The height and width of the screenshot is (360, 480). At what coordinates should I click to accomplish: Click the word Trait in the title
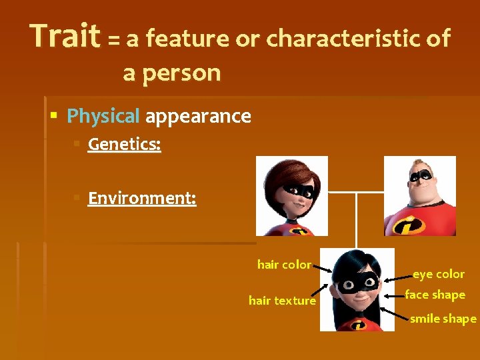(65, 37)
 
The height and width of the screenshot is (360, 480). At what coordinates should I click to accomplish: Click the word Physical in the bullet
(103, 117)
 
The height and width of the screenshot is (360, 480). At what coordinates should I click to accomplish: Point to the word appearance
(198, 117)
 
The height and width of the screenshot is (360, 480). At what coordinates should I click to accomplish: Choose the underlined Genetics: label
(124, 145)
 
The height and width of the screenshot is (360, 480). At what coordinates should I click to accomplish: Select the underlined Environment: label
(142, 199)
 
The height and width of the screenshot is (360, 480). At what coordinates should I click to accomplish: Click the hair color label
(284, 265)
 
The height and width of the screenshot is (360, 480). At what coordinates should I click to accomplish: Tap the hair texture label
(282, 301)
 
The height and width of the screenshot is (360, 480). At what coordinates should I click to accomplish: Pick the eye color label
(438, 274)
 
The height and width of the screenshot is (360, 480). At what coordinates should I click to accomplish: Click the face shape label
(435, 295)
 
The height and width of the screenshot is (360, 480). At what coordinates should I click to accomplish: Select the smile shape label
(443, 319)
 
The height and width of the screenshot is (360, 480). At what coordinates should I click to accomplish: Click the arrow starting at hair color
(323, 268)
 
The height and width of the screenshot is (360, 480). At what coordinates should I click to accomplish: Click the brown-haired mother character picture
(292, 196)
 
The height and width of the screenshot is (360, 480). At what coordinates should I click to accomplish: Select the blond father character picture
(420, 196)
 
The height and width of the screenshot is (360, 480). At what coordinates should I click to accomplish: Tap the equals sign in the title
(114, 41)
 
